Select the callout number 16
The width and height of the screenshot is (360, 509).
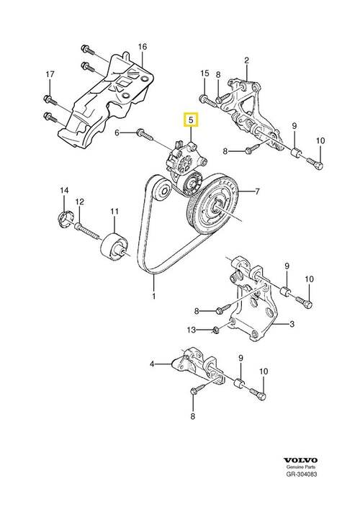click(x=142, y=48)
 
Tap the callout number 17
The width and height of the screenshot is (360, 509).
click(x=50, y=74)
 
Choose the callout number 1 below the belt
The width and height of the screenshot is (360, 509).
click(x=153, y=294)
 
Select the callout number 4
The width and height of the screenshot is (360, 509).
click(x=153, y=364)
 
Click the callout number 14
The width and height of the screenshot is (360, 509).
click(x=63, y=190)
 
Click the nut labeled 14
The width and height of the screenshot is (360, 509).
click(x=63, y=217)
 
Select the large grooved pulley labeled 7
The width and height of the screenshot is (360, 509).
click(x=215, y=204)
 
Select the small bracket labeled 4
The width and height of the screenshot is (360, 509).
click(x=194, y=366)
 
